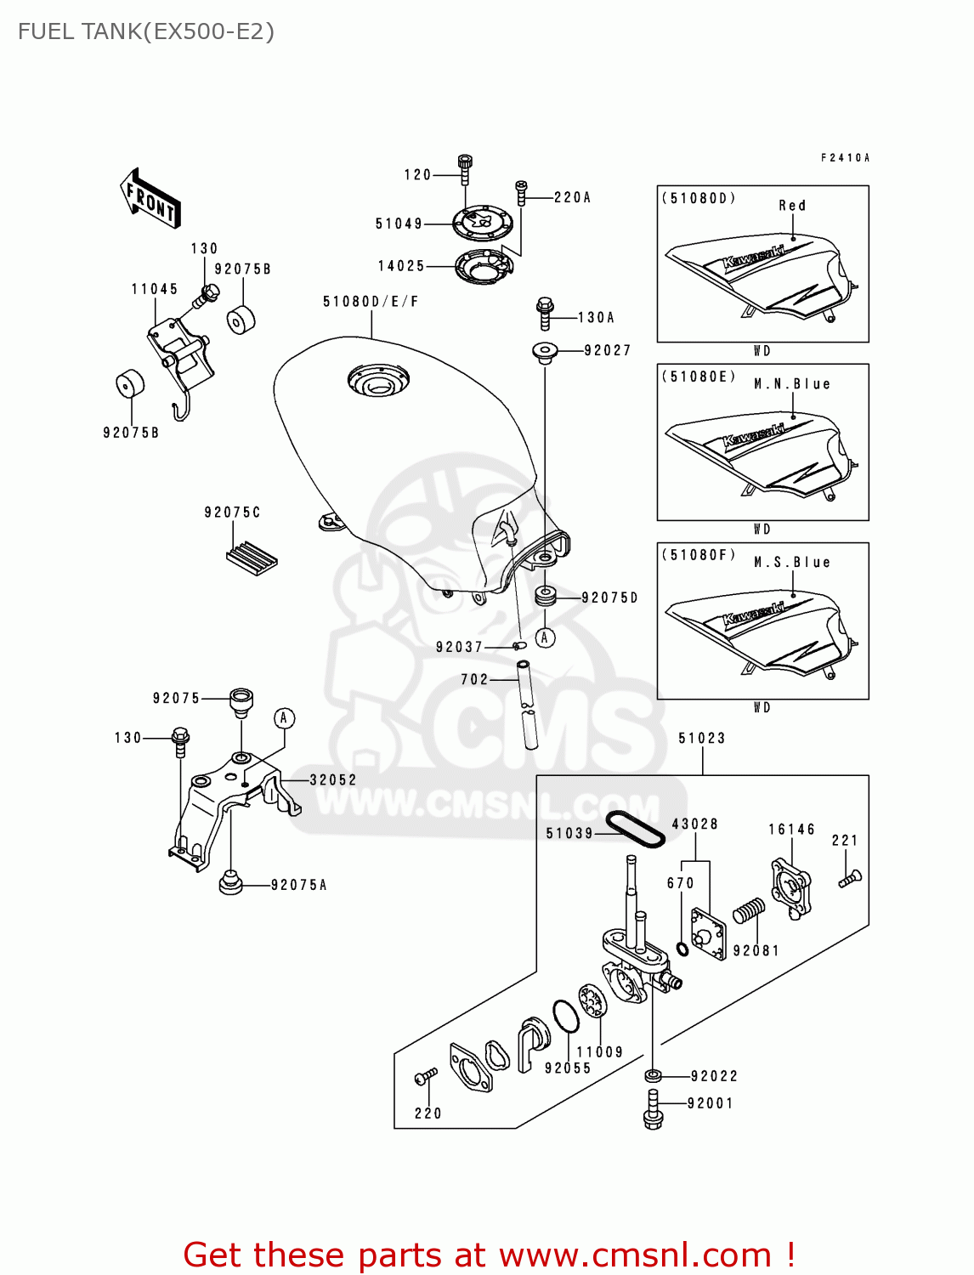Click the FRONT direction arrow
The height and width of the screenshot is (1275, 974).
(x=150, y=199)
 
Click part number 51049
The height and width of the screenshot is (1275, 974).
(x=399, y=224)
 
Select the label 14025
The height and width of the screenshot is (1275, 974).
(x=401, y=266)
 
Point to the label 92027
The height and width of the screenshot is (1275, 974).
(x=607, y=350)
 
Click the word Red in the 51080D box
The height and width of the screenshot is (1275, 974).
(x=792, y=206)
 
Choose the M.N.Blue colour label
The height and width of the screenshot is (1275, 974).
(x=792, y=384)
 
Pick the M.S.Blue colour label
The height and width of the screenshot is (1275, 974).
(x=792, y=563)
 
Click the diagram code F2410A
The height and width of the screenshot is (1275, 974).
(x=845, y=158)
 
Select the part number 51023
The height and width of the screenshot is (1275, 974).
(x=702, y=739)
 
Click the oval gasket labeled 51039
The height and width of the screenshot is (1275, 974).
(x=635, y=829)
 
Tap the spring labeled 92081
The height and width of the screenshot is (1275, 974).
(x=749, y=911)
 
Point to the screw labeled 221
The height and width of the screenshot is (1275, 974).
(x=850, y=878)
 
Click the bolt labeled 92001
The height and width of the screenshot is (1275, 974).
(x=653, y=1109)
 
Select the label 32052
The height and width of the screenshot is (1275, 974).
(x=333, y=780)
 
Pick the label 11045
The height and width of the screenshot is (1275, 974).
(x=155, y=290)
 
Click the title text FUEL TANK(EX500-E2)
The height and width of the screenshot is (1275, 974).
(x=146, y=31)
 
